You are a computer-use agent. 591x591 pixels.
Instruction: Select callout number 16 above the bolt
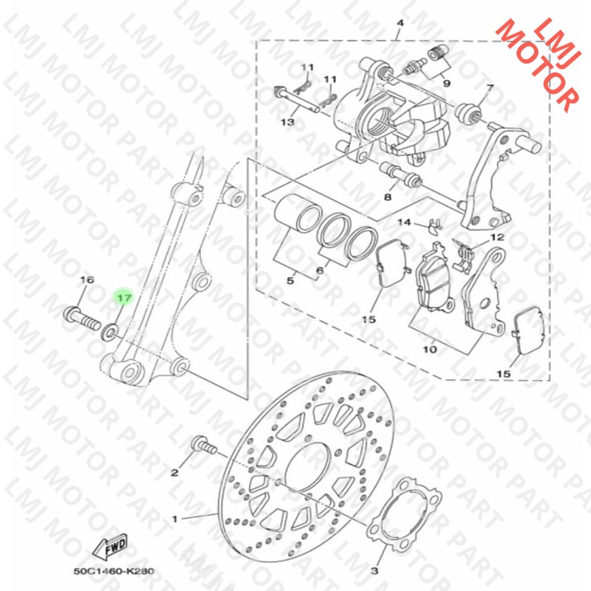pyautogui.click(x=87, y=280)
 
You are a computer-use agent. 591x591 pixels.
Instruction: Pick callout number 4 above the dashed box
pyautogui.click(x=400, y=24)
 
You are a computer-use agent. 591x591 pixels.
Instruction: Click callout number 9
pyautogui.click(x=446, y=83)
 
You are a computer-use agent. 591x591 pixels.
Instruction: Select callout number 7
pyautogui.click(x=489, y=89)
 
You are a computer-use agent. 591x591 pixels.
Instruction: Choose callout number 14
pyautogui.click(x=404, y=222)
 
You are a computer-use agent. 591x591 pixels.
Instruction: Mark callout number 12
pyautogui.click(x=497, y=237)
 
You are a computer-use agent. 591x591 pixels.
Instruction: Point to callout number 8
pyautogui.click(x=387, y=197)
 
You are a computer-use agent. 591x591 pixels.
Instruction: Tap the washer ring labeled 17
pyautogui.click(x=109, y=329)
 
